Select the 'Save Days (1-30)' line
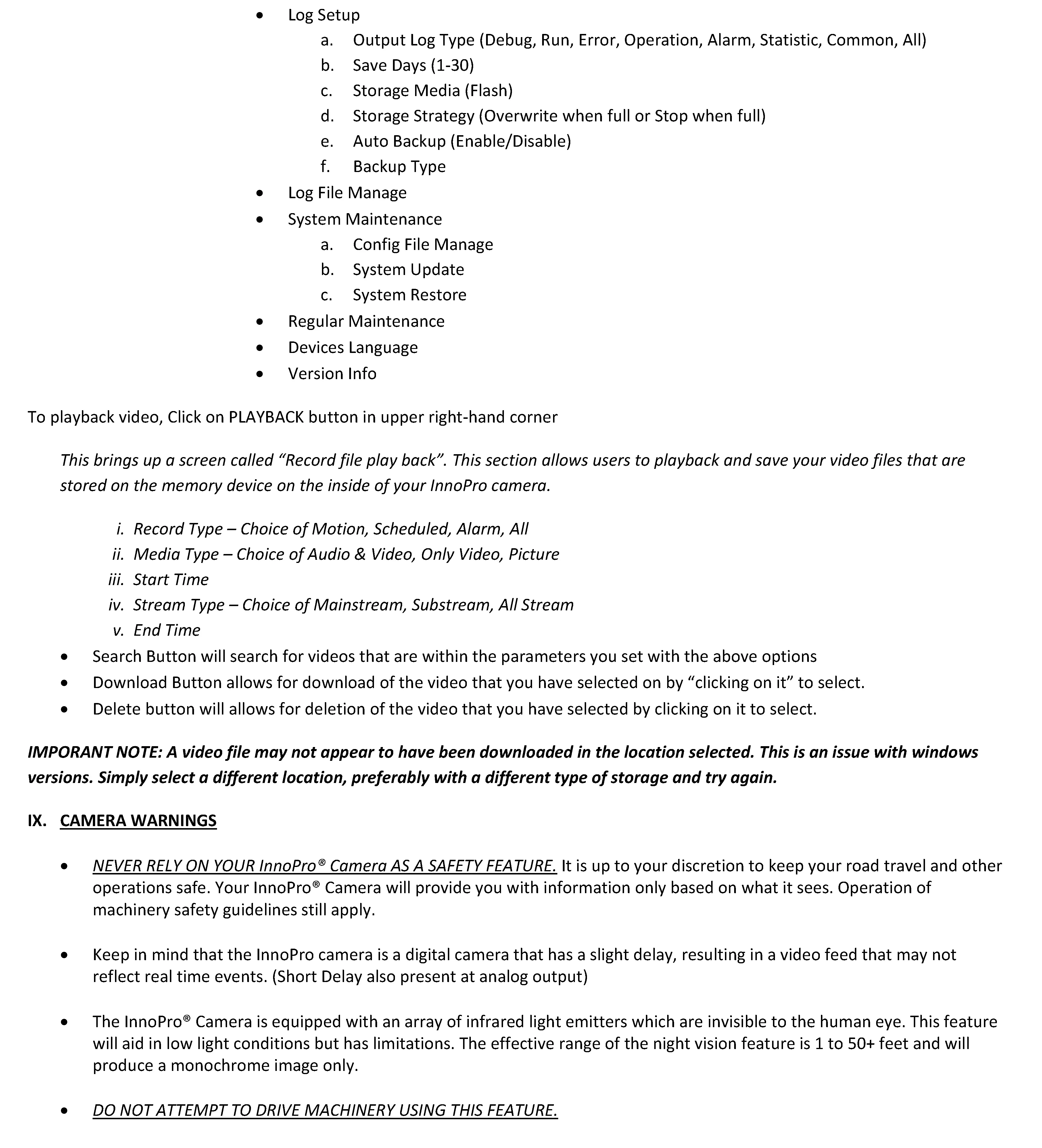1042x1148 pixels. [413, 66]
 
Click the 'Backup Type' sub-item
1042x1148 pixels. [399, 166]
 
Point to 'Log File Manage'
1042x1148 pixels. [347, 192]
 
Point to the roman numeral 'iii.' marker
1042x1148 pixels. [116, 580]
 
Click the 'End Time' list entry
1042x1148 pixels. [167, 630]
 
